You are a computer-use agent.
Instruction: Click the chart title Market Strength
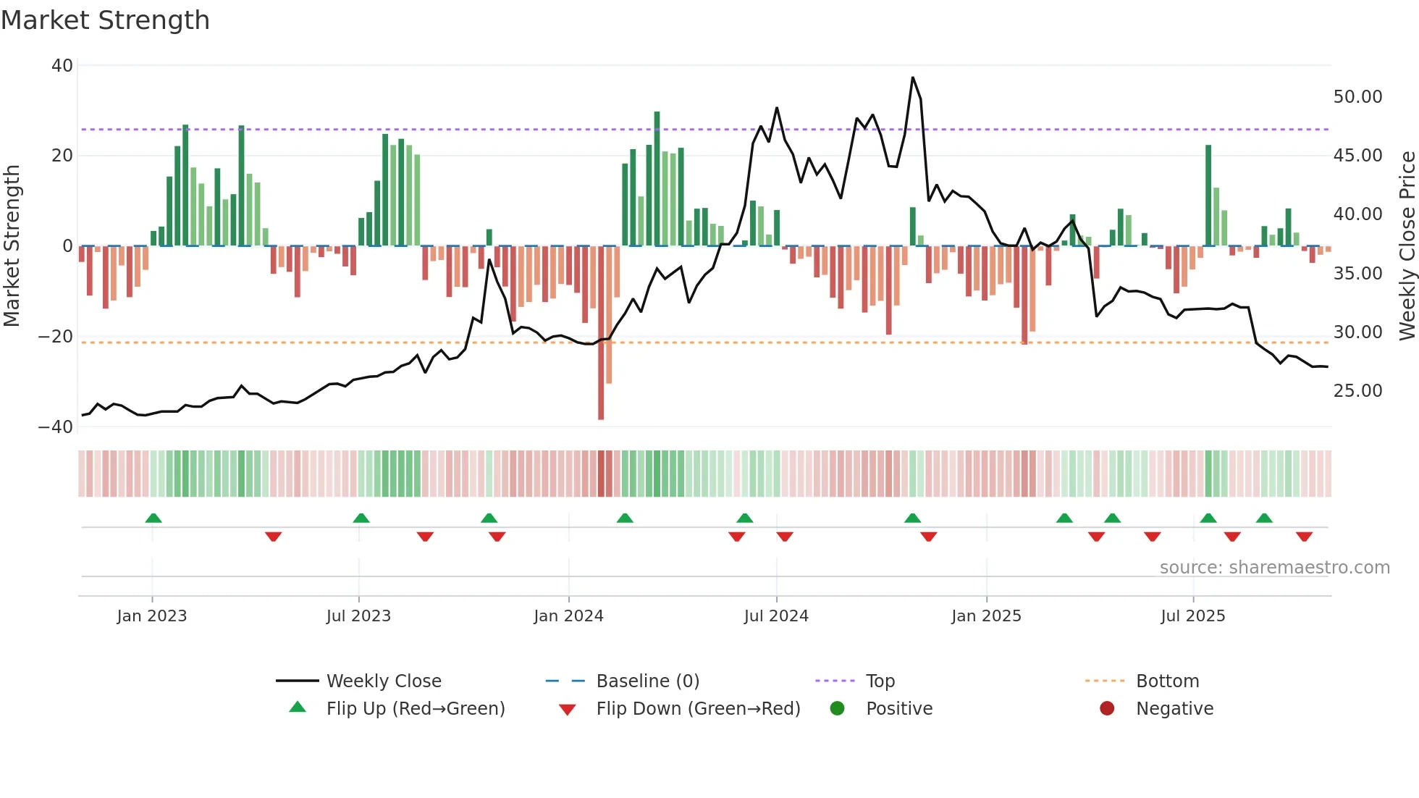(x=105, y=20)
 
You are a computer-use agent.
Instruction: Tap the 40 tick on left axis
(x=62, y=66)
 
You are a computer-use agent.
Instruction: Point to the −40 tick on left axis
(x=56, y=427)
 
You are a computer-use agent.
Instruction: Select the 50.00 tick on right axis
(x=1357, y=97)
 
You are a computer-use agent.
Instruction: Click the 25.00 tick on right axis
(x=1357, y=391)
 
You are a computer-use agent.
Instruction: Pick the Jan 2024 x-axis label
(x=568, y=616)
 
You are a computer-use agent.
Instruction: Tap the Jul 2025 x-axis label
(x=1192, y=616)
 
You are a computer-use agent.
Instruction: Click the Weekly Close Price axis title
(x=1407, y=246)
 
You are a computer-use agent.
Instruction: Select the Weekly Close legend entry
(x=384, y=681)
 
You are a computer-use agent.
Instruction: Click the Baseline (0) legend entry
(x=647, y=681)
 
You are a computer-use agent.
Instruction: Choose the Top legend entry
(x=880, y=681)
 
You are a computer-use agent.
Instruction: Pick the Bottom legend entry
(x=1167, y=681)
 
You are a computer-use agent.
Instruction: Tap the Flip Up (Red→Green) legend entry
(x=415, y=709)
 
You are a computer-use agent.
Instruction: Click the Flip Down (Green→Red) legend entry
(x=698, y=709)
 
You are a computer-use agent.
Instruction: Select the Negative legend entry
(x=1174, y=709)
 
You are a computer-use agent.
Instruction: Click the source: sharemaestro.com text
(x=1274, y=568)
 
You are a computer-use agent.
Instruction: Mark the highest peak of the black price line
(x=912, y=77)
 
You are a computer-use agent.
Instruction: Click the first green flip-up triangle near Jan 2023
(x=153, y=518)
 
